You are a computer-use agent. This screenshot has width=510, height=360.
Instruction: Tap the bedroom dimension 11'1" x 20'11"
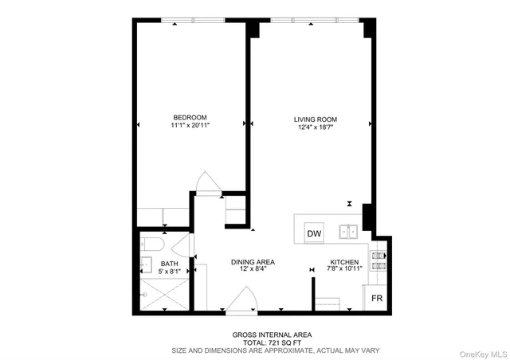pyautogui.click(x=190, y=125)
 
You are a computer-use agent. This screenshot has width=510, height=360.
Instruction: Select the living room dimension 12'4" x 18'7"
pyautogui.click(x=310, y=125)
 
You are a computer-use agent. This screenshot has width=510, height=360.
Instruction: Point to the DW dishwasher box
pyautogui.click(x=316, y=234)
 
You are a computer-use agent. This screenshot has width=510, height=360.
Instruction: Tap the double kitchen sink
pyautogui.click(x=347, y=232)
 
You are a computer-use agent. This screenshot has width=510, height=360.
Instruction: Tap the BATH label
pyautogui.click(x=170, y=263)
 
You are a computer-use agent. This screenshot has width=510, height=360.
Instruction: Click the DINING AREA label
pyautogui.click(x=253, y=261)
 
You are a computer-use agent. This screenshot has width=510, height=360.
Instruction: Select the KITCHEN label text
pyautogui.click(x=345, y=261)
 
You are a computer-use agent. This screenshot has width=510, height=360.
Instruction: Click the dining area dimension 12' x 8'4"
pyautogui.click(x=253, y=269)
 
